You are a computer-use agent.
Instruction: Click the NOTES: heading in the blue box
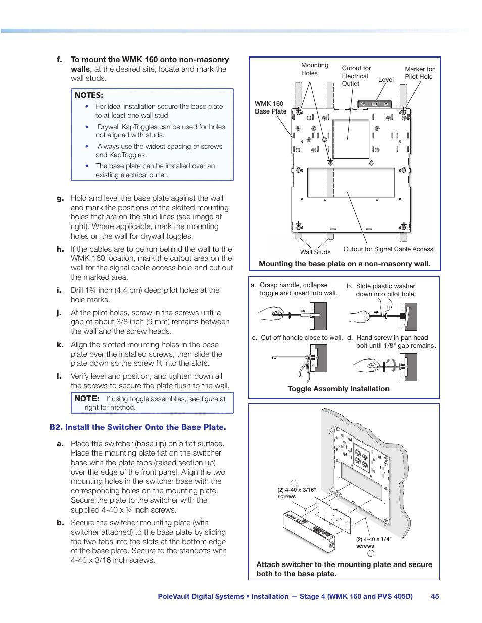[x=88, y=95]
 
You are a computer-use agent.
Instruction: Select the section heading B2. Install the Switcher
[x=137, y=427]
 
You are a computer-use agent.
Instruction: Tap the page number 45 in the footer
[x=435, y=596]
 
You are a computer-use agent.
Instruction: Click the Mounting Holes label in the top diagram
[x=314, y=69]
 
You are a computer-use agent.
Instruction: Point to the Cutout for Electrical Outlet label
[x=356, y=76]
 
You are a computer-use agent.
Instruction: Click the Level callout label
[x=386, y=80]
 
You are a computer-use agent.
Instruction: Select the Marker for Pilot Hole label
[x=419, y=73]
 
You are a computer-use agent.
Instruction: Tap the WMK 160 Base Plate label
[x=270, y=107]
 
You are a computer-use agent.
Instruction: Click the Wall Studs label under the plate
[x=315, y=252]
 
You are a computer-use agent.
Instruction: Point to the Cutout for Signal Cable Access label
[x=388, y=249]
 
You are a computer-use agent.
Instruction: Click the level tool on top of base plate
[x=374, y=104]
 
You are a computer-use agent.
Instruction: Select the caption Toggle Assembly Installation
[x=339, y=389]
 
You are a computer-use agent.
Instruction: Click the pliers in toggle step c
[x=305, y=372]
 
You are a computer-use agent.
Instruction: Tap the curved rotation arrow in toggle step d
[x=391, y=365]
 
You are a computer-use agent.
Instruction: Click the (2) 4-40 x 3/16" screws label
[x=297, y=493]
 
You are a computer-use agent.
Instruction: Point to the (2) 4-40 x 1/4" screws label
[x=373, y=542]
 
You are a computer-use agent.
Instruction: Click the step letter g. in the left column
[x=60, y=199]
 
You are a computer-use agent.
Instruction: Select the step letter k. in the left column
[x=60, y=345]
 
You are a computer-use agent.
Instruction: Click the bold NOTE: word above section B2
[x=87, y=399]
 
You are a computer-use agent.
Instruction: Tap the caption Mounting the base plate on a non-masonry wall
[x=345, y=264]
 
